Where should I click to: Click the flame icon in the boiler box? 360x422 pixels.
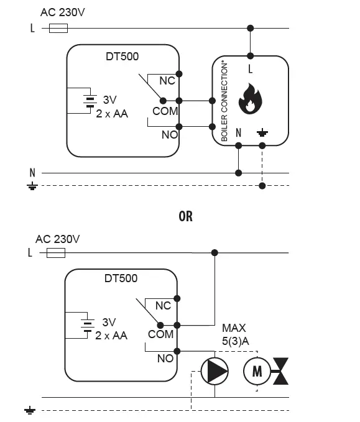pos(251,100)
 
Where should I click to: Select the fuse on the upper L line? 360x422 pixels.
pos(58,28)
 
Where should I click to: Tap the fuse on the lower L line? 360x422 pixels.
pos(56,253)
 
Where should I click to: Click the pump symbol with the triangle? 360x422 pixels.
pos(214,371)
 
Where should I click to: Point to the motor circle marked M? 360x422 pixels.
pos(256,371)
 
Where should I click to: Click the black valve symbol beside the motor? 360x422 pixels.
pos(283,371)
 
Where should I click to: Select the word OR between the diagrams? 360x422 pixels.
pos(185,216)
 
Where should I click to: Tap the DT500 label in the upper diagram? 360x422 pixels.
pos(122,57)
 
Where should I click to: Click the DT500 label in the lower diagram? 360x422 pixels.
pos(121,278)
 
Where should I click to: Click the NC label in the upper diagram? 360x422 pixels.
pos(167,81)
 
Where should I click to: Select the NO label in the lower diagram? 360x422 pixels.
pos(165,359)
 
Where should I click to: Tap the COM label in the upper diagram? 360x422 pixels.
pos(165,111)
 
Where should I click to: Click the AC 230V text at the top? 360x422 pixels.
pos(62,12)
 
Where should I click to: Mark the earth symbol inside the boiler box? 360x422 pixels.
pos(262,132)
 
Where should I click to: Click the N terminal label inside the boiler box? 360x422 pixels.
pos(238,132)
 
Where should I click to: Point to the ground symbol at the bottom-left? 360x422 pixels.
pos(30,411)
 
